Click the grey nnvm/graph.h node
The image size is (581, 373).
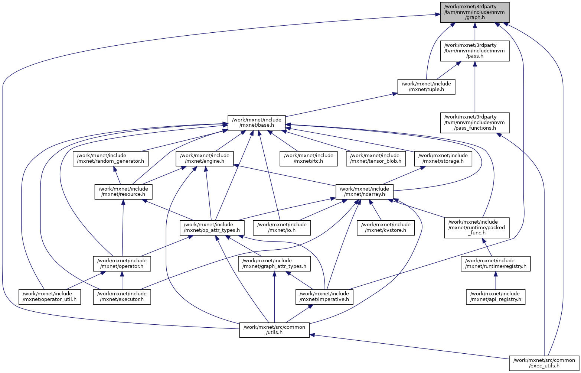pos(474,12)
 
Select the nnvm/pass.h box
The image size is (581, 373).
pos(474,51)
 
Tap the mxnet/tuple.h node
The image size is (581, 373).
pos(426,87)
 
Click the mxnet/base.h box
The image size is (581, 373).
pos(257,123)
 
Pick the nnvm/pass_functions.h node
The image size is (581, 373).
pos(474,123)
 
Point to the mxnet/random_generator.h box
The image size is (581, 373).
pos(111,159)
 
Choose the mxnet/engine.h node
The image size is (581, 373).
pos(205,159)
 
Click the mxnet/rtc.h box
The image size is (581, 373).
pos(309,159)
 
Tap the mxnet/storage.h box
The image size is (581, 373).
pos(443,159)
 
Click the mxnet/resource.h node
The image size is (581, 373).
pos(124,192)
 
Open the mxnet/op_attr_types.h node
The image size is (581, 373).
pos(212,228)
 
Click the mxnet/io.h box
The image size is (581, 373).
pos(282,228)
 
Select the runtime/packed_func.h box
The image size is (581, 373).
pos(477,228)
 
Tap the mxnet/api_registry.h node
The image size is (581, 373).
pos(496,297)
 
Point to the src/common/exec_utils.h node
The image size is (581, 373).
pos(544,363)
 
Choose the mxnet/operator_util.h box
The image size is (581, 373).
pos(50,297)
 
